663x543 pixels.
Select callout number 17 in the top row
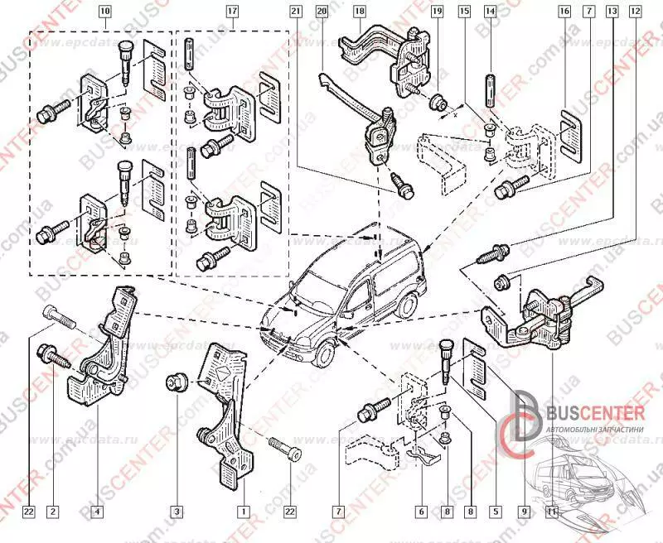point(231,12)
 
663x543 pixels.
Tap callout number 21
point(296,12)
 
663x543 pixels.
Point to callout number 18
point(359,12)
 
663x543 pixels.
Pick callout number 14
point(490,12)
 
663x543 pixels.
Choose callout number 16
point(564,12)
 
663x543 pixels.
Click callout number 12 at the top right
point(635,12)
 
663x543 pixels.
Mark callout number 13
point(612,12)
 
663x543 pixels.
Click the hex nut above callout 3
point(177,382)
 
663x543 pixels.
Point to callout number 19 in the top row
point(436,12)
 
